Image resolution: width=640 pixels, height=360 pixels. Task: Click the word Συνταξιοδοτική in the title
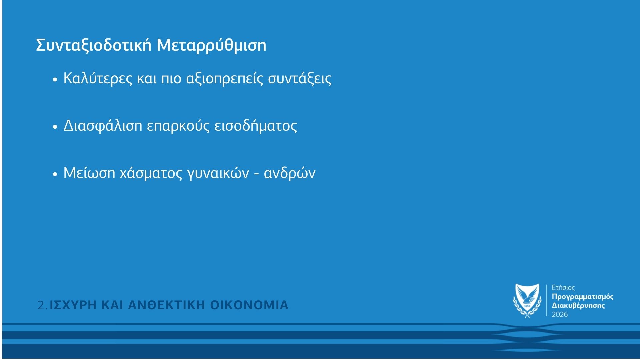[94, 45]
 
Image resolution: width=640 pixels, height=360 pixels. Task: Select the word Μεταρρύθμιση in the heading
[212, 45]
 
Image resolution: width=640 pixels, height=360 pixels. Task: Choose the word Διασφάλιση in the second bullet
[103, 126]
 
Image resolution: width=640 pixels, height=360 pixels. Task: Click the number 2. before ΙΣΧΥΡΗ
[43, 305]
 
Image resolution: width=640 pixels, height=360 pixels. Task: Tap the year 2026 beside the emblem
[560, 314]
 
